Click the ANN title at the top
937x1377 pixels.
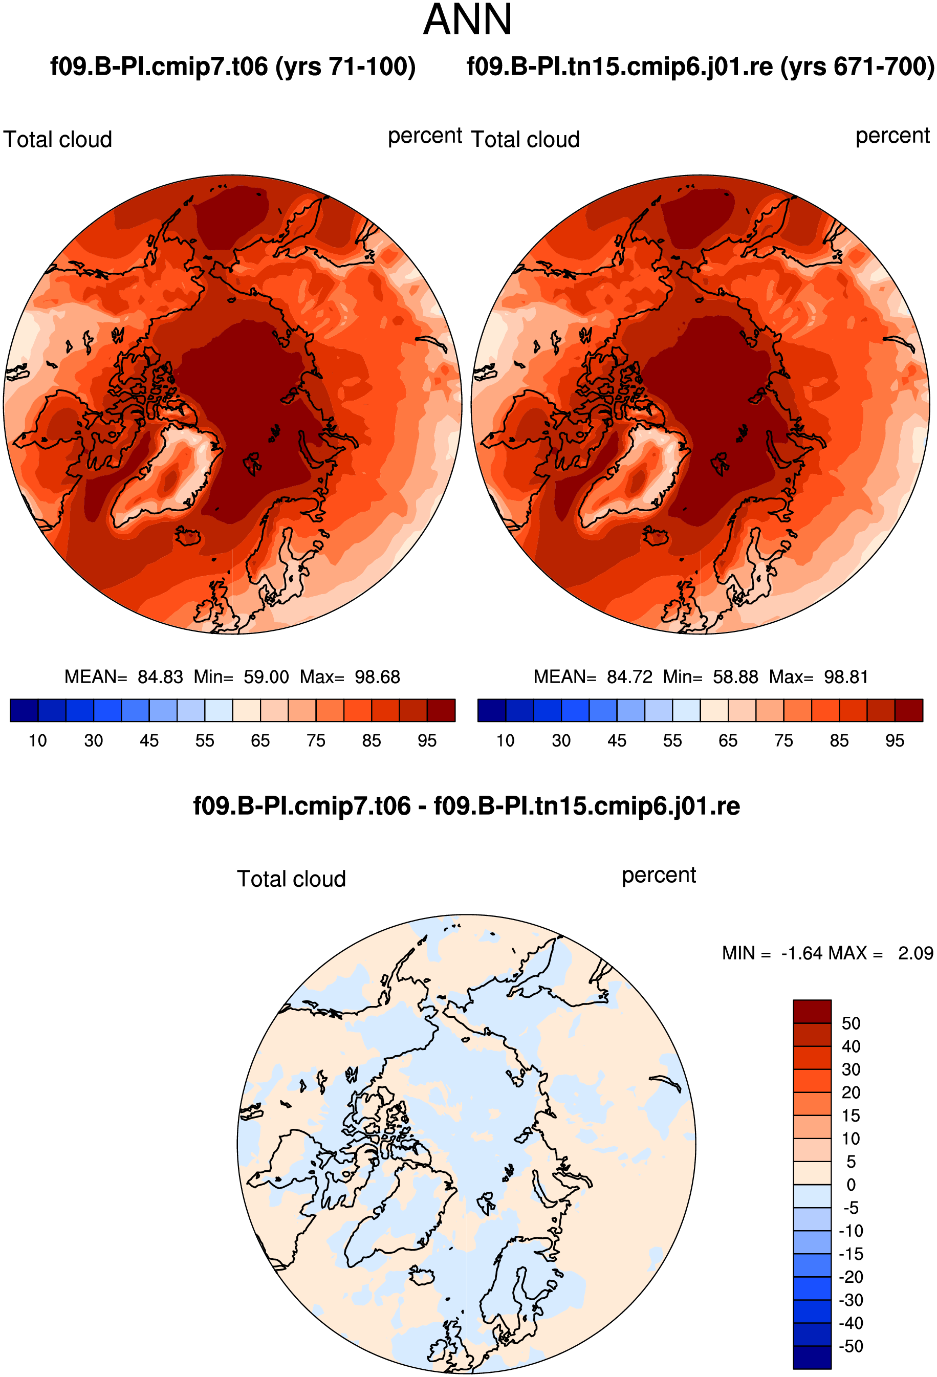[468, 20]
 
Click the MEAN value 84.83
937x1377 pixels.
[160, 676]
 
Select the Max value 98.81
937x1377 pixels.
[846, 676]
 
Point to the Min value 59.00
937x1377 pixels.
[266, 676]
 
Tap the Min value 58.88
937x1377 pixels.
[735, 676]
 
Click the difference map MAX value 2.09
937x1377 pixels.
[915, 953]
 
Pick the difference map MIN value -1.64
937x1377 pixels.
[802, 953]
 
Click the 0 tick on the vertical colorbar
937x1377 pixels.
[851, 1185]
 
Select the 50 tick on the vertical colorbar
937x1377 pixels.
[851, 1023]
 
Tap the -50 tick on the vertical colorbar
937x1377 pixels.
[851, 1346]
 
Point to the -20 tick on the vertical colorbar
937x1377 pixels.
[851, 1277]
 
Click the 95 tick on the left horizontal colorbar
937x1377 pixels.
[427, 740]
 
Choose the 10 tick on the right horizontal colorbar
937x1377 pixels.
[505, 740]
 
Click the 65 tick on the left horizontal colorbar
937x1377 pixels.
[260, 740]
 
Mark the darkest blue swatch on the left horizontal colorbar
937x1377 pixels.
[24, 710]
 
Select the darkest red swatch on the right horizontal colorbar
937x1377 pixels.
[908, 710]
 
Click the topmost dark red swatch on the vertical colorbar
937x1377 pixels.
[812, 1012]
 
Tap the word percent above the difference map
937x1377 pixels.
[659, 876]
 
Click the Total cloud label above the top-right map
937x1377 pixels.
[525, 140]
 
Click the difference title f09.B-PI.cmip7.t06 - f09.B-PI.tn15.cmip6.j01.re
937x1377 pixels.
[466, 806]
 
